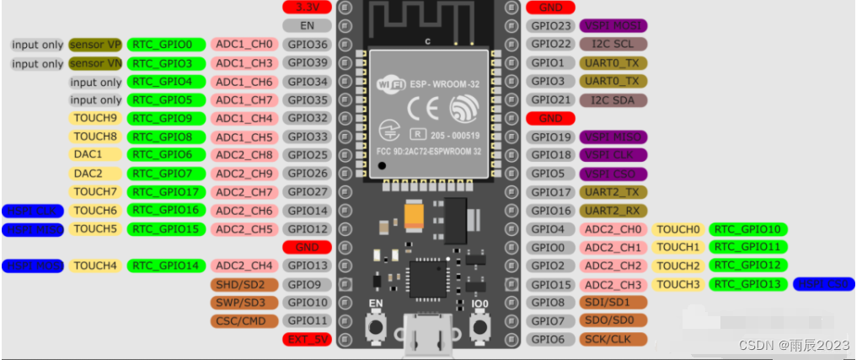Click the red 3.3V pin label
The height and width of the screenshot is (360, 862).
[x=307, y=7]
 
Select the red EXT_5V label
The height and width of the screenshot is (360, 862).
[x=307, y=339]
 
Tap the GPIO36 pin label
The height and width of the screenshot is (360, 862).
[x=307, y=44]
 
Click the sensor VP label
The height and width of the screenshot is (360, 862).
[x=95, y=44]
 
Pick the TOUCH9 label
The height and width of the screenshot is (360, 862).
[x=95, y=118]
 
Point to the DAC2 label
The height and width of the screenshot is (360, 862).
[x=88, y=174]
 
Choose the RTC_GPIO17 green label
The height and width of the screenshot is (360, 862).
[x=166, y=192]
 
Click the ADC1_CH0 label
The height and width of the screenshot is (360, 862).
[x=244, y=44]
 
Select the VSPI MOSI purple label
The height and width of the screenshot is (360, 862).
[x=613, y=26]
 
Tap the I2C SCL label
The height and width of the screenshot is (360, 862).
[x=613, y=44]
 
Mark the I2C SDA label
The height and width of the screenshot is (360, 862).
[x=613, y=99]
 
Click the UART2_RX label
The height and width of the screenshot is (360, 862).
[x=613, y=211]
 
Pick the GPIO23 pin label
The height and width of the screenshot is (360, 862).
[x=552, y=26]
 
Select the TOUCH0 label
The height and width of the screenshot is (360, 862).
[x=677, y=228]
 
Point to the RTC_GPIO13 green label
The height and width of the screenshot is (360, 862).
[x=748, y=284]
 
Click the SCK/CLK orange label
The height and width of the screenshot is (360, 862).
[x=613, y=339]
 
